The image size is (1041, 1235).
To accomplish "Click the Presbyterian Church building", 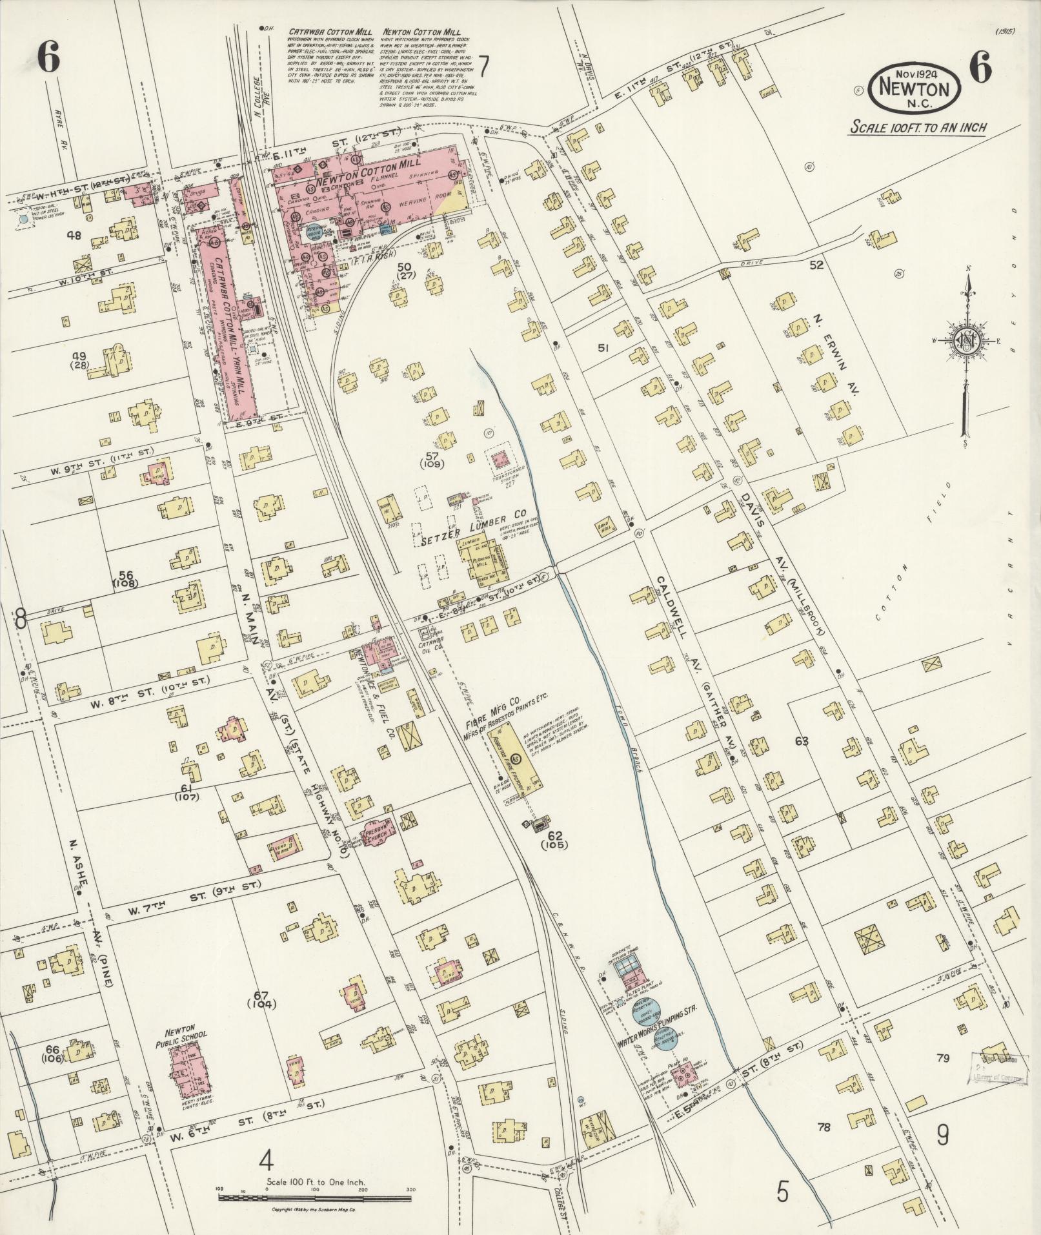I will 375,833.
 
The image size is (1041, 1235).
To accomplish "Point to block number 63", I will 802,741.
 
